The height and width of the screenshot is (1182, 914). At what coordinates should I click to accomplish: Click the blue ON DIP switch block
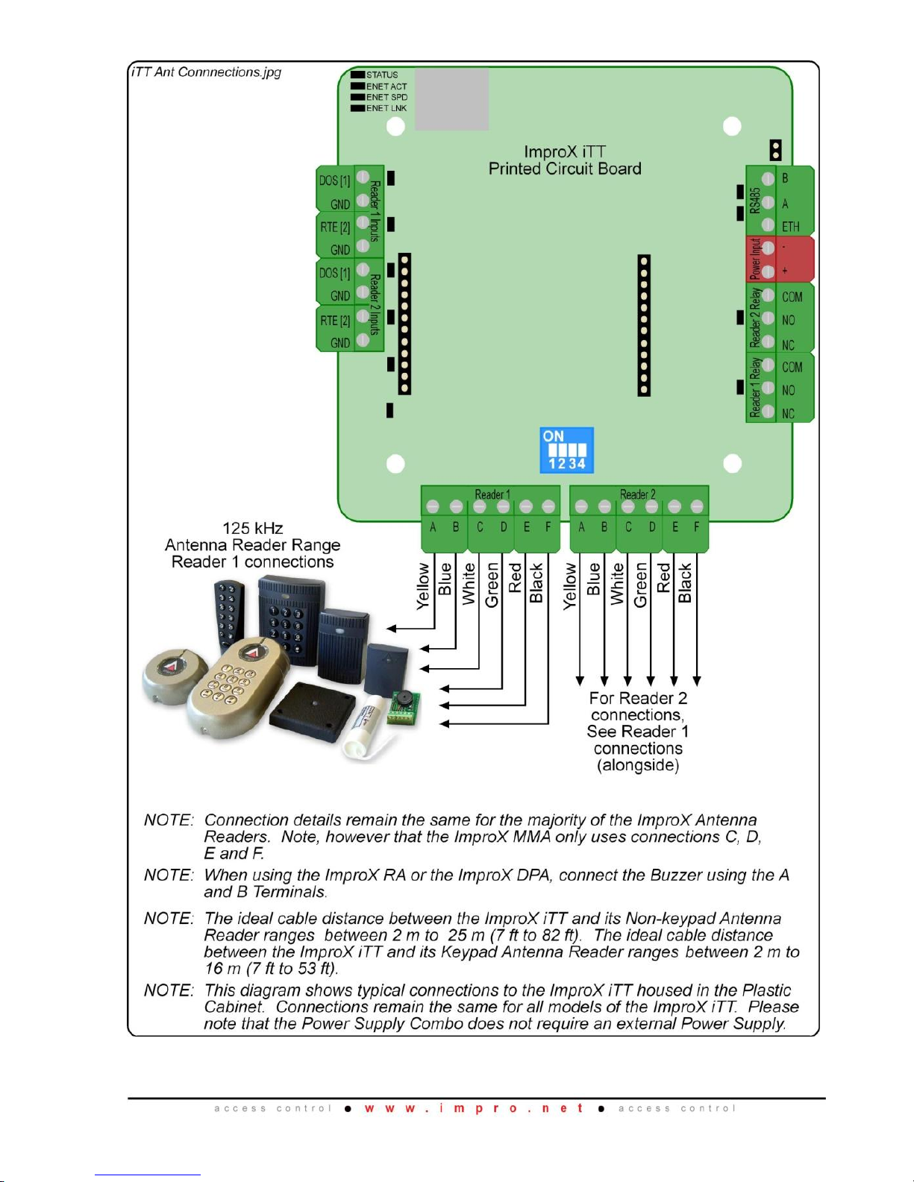(x=566, y=450)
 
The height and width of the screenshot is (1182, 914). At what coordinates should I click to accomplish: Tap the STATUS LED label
(x=382, y=75)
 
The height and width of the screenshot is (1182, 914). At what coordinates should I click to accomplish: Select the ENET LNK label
(x=386, y=108)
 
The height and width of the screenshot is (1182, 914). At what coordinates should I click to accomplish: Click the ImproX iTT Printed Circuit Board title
(x=565, y=160)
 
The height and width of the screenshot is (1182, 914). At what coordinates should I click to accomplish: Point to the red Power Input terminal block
(x=780, y=259)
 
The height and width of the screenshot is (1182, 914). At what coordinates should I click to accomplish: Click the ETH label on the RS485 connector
(x=790, y=227)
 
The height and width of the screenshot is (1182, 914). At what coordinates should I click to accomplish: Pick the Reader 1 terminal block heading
(x=492, y=494)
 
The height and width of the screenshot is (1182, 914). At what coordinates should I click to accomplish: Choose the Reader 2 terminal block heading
(x=638, y=494)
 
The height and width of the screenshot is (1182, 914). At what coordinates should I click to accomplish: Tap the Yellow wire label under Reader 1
(x=423, y=586)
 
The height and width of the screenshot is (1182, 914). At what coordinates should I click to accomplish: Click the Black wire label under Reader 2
(x=685, y=583)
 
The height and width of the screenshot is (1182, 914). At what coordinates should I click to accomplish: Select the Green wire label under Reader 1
(x=492, y=585)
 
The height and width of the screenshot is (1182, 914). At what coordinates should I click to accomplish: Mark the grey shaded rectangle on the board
(x=451, y=99)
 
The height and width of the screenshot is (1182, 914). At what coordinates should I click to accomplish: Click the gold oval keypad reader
(x=237, y=682)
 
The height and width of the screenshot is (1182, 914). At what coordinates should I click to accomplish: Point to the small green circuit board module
(x=403, y=708)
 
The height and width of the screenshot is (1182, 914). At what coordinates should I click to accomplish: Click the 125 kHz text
(x=253, y=528)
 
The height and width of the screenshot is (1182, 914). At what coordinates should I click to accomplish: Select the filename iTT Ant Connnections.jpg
(x=207, y=72)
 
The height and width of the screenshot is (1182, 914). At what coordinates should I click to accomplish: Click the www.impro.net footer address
(x=474, y=1108)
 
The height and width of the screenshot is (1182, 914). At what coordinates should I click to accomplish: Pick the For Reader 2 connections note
(x=638, y=732)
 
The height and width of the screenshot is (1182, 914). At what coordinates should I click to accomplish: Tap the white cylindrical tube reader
(x=366, y=727)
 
